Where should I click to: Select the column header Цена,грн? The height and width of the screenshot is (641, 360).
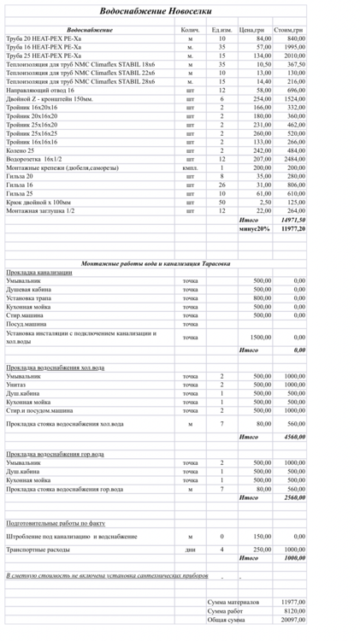[x=251, y=30]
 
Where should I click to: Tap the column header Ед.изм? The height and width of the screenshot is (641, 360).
[x=221, y=30]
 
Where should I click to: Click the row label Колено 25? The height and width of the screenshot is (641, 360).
[x=21, y=150]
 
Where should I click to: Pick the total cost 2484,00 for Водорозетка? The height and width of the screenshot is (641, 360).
[x=294, y=159]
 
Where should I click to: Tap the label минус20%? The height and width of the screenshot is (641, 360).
[x=254, y=229]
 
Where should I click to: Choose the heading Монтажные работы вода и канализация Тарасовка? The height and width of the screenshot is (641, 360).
[x=155, y=263]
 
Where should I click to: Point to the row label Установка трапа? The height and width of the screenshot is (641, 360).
[x=29, y=297]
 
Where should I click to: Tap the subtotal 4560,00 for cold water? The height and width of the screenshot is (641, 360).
[x=294, y=436]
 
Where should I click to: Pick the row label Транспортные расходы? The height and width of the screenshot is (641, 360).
[x=39, y=549]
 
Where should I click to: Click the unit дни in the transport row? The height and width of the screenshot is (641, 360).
[x=190, y=549]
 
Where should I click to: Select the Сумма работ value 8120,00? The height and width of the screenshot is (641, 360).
[x=292, y=610]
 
